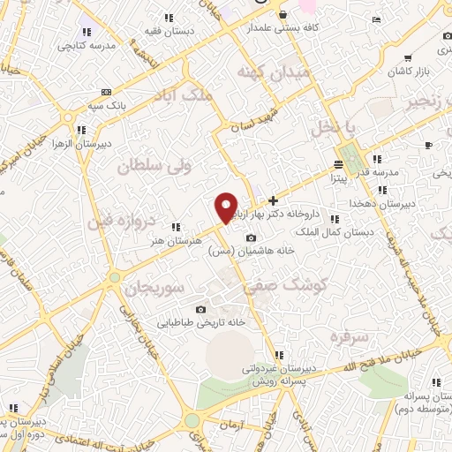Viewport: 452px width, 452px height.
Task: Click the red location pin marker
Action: click(227, 208)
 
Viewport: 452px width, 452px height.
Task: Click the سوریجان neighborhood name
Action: click(152, 286)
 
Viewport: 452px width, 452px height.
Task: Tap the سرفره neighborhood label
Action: click(347, 337)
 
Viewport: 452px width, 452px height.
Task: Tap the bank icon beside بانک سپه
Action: click(107, 92)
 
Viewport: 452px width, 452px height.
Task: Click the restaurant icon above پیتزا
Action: click(340, 165)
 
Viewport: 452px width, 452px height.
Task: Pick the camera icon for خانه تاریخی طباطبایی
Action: click(201, 309)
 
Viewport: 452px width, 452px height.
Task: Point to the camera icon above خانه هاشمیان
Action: click(252, 237)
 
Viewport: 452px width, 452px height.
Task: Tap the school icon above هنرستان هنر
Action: click(176, 226)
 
